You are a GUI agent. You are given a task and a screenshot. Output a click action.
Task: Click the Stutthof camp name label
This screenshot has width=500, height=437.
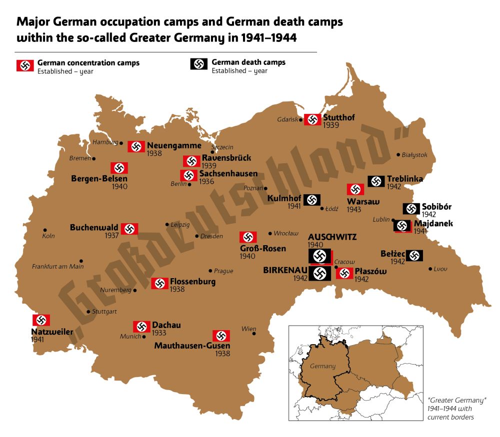[339, 118]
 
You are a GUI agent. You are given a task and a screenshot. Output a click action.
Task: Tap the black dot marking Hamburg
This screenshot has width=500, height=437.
[121, 143]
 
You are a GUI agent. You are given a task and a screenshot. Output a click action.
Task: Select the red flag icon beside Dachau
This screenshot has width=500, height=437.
[141, 327]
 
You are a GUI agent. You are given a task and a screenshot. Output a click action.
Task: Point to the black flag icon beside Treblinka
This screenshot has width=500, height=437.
[376, 181]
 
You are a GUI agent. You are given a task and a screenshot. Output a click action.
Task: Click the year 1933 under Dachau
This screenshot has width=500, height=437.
[159, 333]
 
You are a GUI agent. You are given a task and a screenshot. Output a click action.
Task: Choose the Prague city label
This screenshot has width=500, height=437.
[223, 271]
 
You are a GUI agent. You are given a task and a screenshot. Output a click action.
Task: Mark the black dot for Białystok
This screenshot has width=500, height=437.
[398, 155]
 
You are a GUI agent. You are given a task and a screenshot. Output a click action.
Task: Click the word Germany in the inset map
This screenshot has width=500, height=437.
[322, 366]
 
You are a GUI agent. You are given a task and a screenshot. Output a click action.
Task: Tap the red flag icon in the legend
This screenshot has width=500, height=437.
[25, 65]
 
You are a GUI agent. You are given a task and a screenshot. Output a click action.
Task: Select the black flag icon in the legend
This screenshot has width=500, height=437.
[198, 64]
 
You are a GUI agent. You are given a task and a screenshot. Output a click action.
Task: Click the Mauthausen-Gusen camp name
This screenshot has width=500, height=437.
[192, 346]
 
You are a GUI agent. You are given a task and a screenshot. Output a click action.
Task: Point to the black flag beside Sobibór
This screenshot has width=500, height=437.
[411, 209]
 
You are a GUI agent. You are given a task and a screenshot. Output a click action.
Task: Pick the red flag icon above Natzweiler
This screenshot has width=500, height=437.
[41, 320]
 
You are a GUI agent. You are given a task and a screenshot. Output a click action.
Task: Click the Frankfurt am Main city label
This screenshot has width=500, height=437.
[57, 266]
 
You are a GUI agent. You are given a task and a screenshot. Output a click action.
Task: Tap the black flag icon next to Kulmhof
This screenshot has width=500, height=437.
[311, 200]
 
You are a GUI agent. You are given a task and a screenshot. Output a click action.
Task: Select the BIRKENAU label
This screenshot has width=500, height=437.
[285, 270]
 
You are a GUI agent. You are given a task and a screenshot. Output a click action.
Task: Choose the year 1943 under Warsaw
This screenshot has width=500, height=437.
[354, 209]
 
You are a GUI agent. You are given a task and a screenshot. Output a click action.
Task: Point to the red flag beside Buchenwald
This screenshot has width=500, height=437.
[129, 229]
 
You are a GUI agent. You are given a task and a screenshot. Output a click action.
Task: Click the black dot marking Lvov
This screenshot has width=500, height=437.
[430, 269]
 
